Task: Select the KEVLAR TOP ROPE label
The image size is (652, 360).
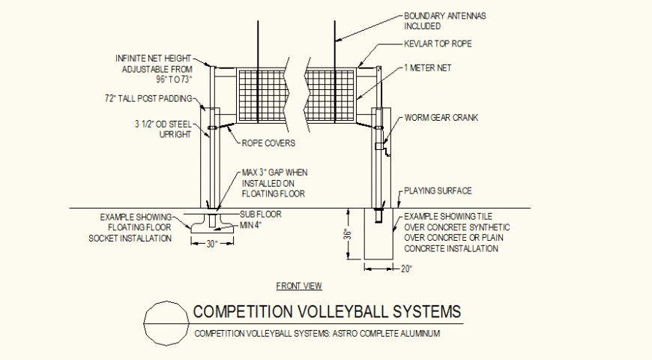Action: (438, 43)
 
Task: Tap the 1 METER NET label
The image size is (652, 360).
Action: (427, 67)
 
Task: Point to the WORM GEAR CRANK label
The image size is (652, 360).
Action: (441, 118)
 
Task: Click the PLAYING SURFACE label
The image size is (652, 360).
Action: (438, 190)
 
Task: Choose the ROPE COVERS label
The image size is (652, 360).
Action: (268, 142)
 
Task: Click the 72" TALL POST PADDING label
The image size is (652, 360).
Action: (150, 98)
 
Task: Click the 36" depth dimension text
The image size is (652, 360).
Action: (347, 234)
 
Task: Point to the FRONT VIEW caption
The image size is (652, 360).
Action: (299, 286)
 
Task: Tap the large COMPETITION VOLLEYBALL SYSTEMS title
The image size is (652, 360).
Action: (327, 311)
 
